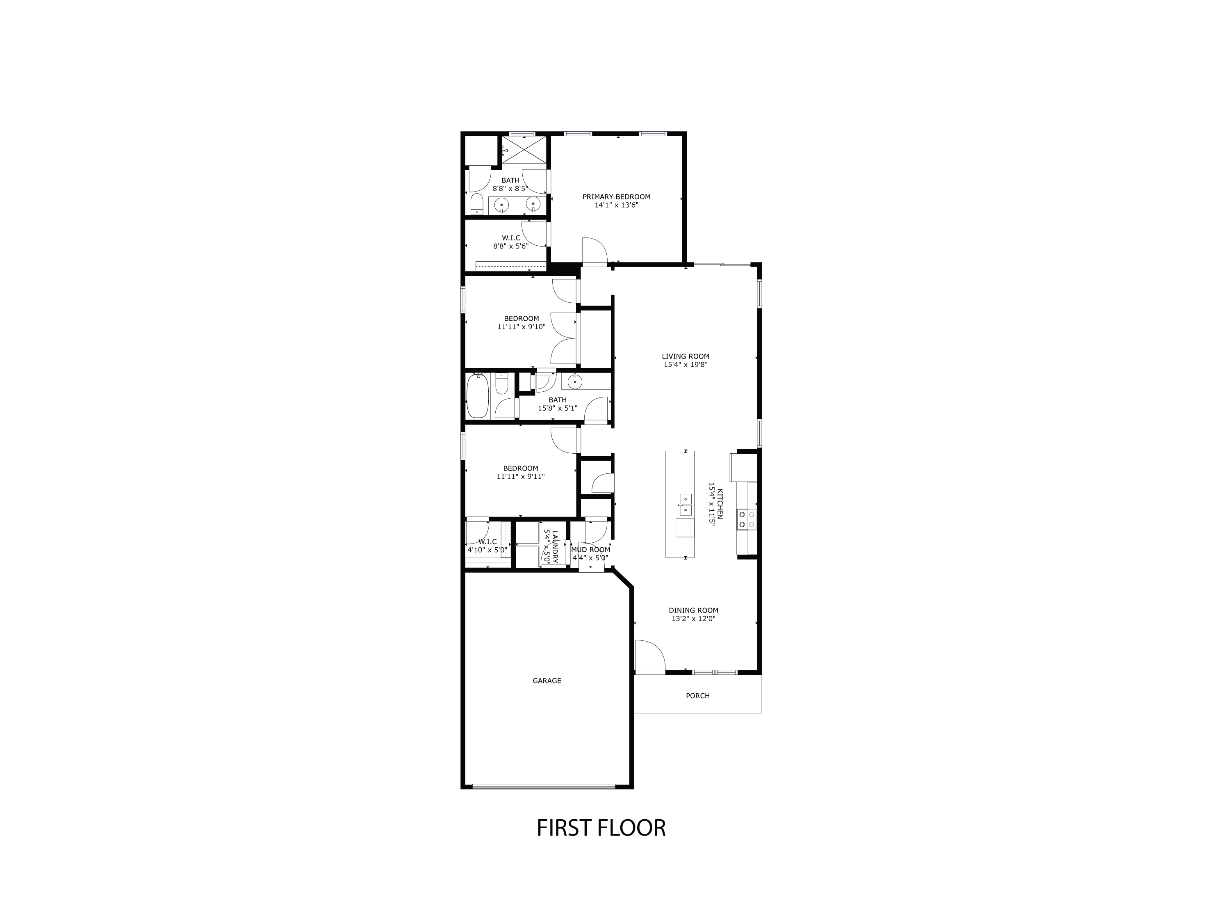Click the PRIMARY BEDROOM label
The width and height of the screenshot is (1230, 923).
[616, 196]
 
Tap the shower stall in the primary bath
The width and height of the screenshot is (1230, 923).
[524, 150]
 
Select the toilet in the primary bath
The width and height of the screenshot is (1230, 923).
[476, 204]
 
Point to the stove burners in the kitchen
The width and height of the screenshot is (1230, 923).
[746, 519]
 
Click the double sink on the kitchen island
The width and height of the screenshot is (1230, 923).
[685, 505]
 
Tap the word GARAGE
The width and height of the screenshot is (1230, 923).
[547, 681]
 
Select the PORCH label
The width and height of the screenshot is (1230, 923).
[697, 695]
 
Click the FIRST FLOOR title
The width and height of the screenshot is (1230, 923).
[601, 844]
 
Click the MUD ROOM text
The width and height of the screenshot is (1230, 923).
[590, 550]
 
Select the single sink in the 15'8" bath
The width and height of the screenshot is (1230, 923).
[574, 382]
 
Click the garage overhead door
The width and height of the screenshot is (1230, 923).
[543, 786]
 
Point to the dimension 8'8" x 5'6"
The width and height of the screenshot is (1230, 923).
[510, 246]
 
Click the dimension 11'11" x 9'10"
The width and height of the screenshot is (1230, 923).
[521, 327]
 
